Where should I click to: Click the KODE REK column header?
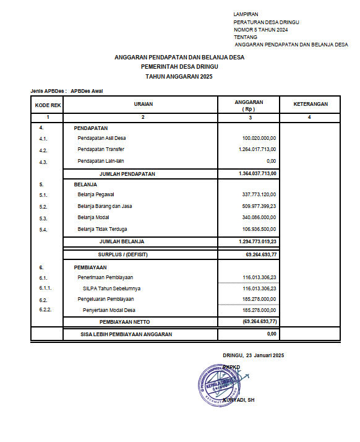point(48,105)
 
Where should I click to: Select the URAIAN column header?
point(143,105)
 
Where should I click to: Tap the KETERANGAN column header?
point(310,105)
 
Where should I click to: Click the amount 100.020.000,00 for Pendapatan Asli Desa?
point(259,138)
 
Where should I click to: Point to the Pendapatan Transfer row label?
point(101,150)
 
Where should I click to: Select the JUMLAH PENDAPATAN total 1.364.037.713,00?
point(257,173)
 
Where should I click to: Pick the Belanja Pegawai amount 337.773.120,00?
point(259,195)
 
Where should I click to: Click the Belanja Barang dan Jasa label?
point(108,206)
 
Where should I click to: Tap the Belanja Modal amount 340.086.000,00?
point(259,218)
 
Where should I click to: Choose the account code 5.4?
point(43,230)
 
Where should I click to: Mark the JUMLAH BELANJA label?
point(122,241)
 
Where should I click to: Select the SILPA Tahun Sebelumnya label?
point(111,288)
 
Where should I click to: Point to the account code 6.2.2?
point(45,309)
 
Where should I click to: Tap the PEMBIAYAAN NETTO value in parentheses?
point(259,322)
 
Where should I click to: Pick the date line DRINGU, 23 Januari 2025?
point(252,355)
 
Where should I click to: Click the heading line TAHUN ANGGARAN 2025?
point(179,77)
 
